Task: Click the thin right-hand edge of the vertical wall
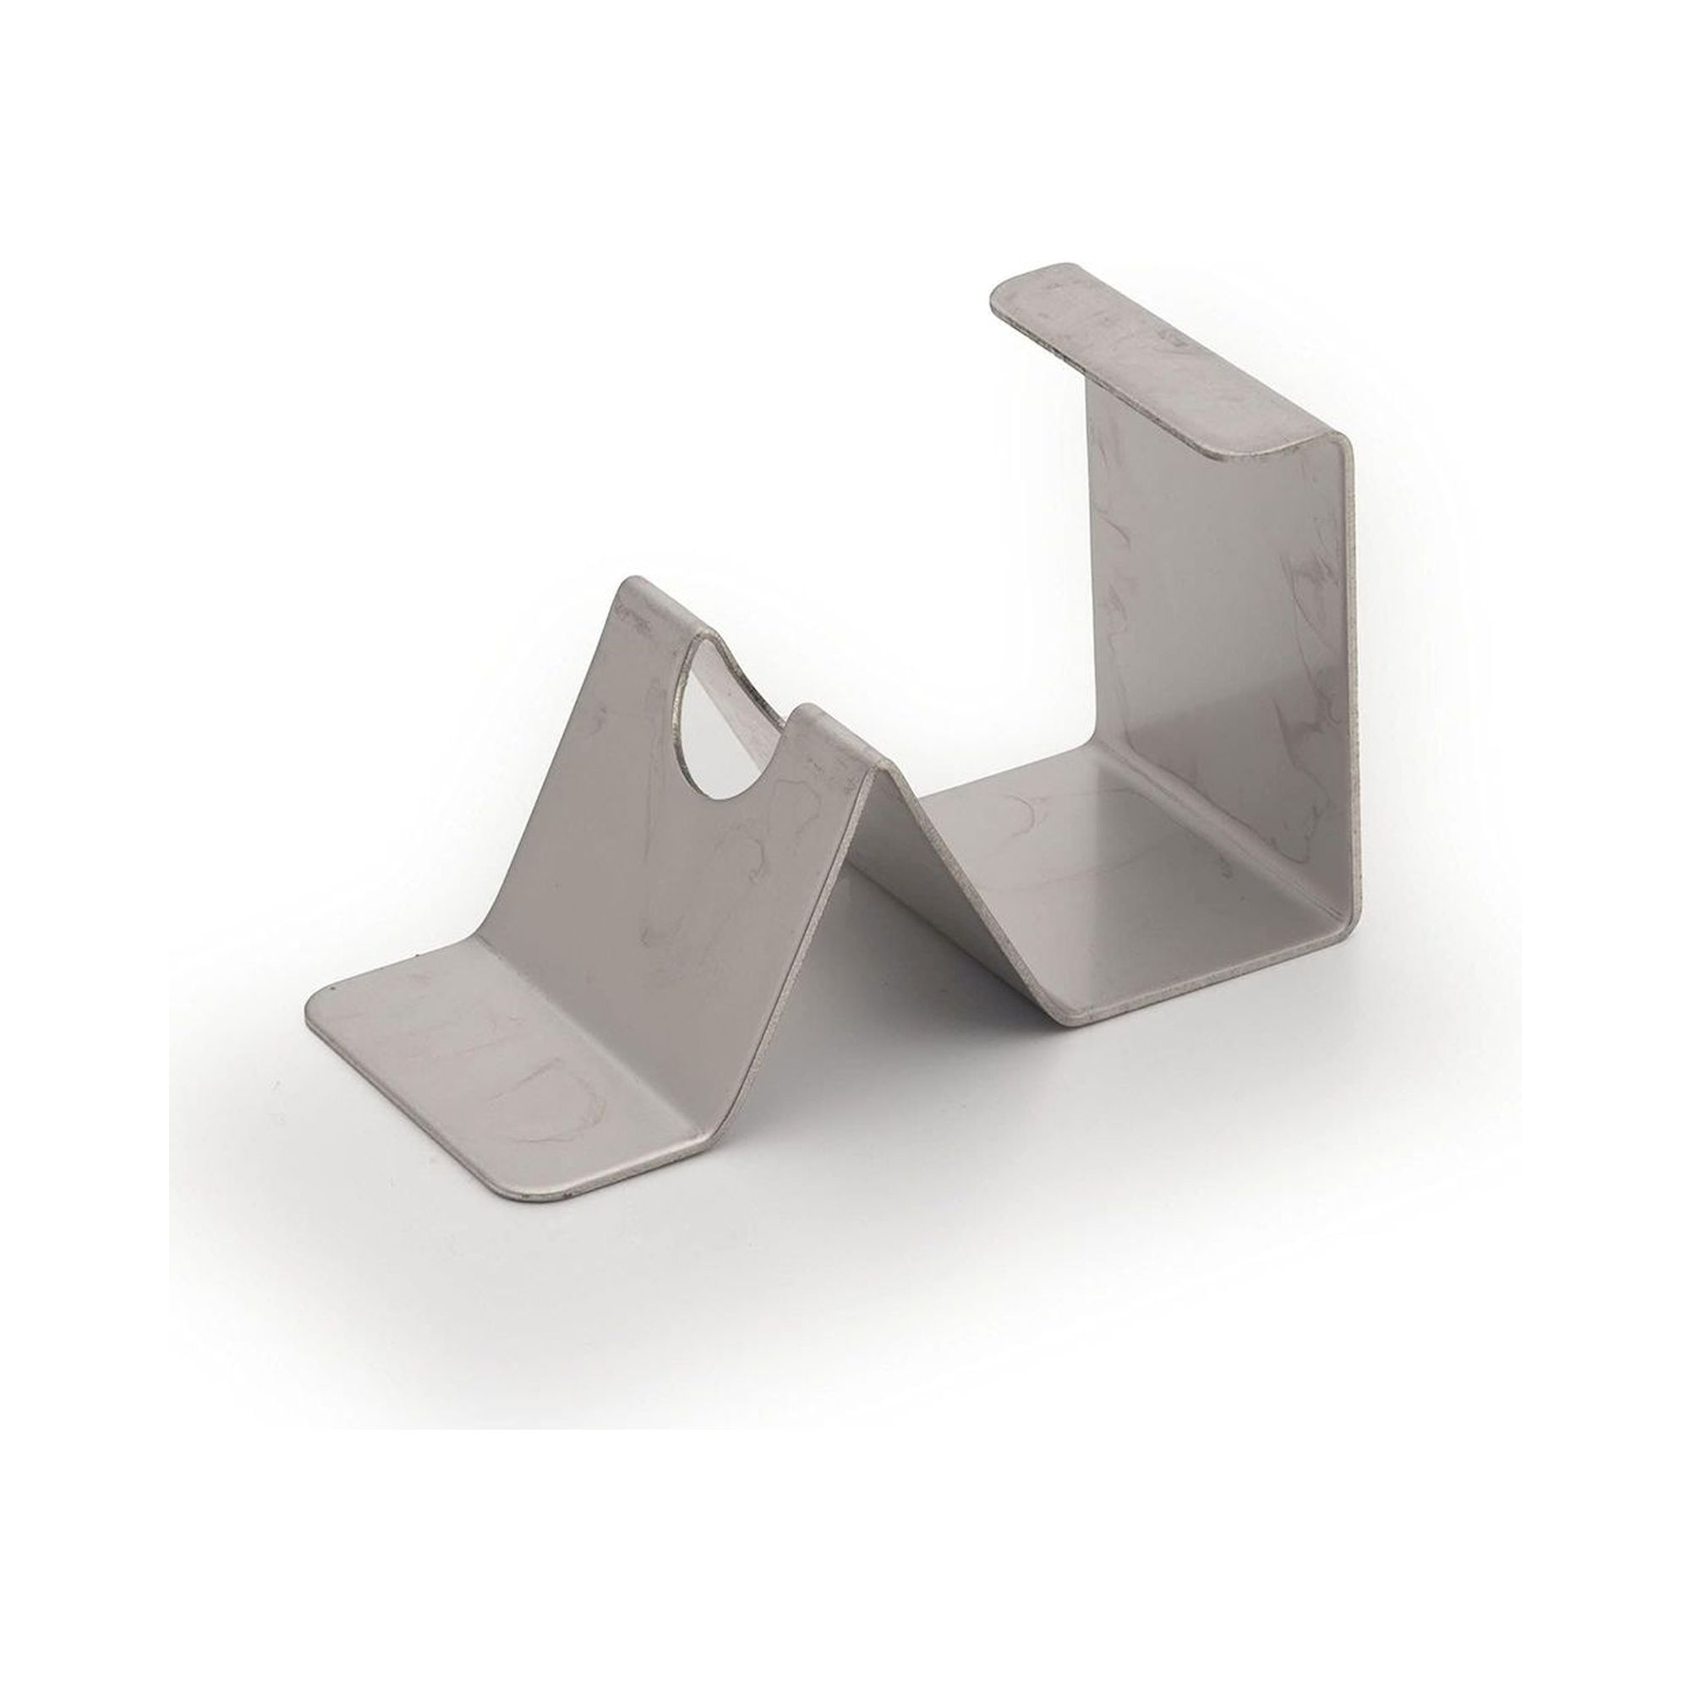coord(1353,700)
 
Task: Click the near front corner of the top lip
coord(1225,455)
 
